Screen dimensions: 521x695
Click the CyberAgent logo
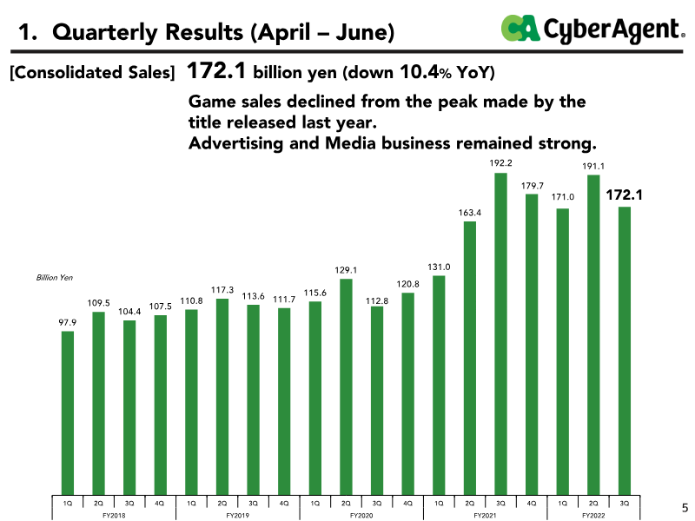click(592, 29)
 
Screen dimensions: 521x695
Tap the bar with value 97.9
click(68, 413)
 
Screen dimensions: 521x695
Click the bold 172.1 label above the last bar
click(623, 196)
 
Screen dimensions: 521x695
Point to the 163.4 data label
click(470, 212)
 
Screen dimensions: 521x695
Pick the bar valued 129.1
click(346, 386)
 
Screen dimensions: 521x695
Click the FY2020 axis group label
click(361, 515)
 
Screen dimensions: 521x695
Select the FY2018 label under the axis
click(114, 515)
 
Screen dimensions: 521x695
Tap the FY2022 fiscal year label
click(593, 515)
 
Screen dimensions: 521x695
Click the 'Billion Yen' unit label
click(55, 278)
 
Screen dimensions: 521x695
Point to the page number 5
click(683, 507)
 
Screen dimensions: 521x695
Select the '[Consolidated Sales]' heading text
click(90, 72)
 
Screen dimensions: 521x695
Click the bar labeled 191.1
click(593, 335)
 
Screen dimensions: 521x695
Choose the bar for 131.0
click(439, 387)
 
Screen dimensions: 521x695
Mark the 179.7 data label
click(531, 185)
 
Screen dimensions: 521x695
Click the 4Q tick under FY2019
click(284, 503)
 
